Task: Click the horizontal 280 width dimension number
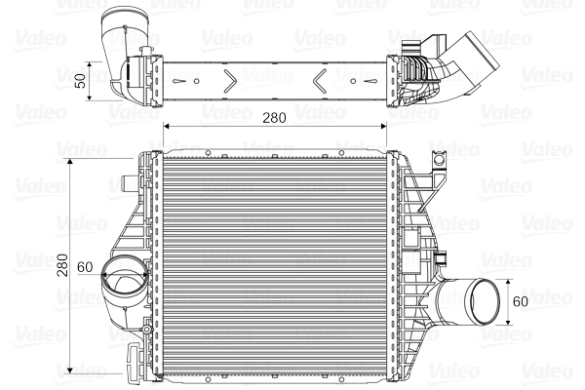[274, 118]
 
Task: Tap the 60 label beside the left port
[84, 266]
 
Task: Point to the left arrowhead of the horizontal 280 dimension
[165, 127]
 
